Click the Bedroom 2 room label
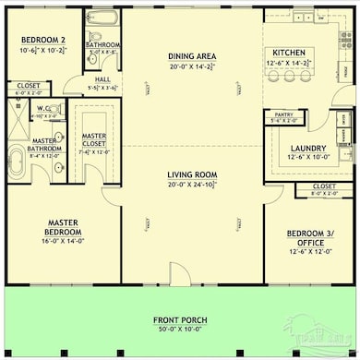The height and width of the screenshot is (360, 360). click(42, 42)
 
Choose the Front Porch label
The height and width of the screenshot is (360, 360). click(180, 320)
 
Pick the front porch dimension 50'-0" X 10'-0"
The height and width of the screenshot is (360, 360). click(180, 330)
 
